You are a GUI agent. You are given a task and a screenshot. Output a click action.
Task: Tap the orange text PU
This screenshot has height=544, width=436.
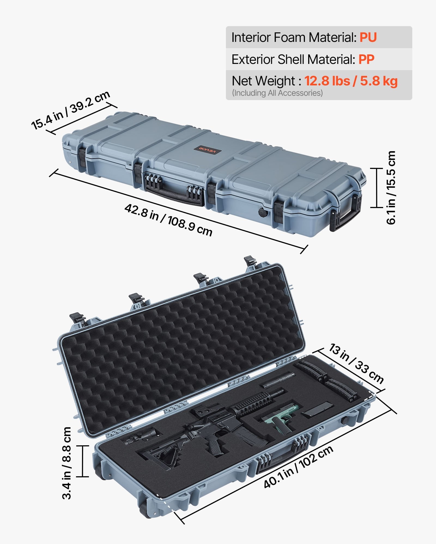368,37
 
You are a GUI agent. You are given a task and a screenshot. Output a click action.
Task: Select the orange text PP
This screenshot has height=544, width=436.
366,59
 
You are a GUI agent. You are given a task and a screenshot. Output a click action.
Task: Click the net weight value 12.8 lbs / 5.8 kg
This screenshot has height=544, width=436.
351,81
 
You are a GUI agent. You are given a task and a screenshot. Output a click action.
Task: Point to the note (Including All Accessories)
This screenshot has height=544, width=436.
277,93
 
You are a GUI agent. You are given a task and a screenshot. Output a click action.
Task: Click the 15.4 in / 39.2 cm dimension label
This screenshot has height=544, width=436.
71,110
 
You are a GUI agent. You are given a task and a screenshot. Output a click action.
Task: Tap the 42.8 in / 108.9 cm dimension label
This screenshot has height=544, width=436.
168,220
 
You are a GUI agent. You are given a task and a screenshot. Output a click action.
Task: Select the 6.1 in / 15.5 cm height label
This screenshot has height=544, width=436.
391,188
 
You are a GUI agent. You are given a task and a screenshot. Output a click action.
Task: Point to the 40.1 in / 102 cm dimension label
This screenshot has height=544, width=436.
298,467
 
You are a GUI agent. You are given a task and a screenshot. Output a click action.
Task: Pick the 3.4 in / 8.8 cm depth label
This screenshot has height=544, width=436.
67,463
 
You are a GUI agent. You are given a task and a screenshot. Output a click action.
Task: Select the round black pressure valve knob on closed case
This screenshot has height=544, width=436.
263,212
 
